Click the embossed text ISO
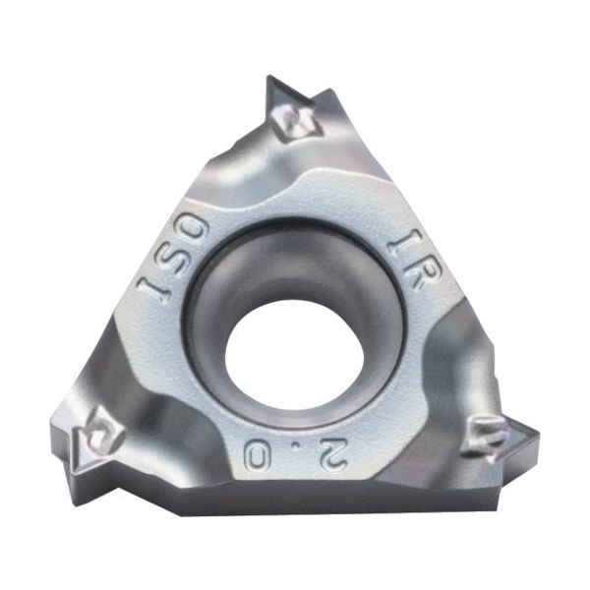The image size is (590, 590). [174, 260]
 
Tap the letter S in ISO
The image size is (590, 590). [173, 260]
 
